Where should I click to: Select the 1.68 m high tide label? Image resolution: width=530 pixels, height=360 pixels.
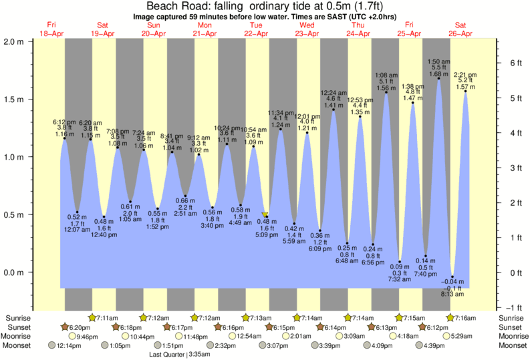[x=438, y=74]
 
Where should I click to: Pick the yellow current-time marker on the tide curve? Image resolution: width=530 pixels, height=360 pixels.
[x=265, y=215]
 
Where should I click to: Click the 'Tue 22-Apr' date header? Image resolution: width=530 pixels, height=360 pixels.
[x=256, y=29]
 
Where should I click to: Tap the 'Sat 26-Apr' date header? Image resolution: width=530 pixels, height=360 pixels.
[x=460, y=29]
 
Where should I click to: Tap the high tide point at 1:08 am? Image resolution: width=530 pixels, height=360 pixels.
[x=386, y=93]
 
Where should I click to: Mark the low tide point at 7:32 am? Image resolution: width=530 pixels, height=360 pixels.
[x=400, y=262]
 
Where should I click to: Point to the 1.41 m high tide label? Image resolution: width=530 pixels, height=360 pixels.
[x=334, y=105]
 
